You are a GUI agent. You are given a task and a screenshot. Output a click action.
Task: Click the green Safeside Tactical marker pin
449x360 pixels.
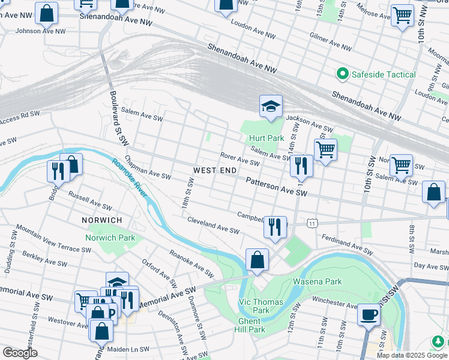click(343, 74)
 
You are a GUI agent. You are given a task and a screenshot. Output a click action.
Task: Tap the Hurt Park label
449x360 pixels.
click(267, 138)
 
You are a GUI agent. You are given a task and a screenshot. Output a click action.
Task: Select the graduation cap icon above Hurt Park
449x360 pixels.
click(270, 107)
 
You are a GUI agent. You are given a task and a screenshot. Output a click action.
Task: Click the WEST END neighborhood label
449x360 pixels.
click(215, 171)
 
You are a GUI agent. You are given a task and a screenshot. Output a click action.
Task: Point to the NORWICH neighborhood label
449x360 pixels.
click(101, 220)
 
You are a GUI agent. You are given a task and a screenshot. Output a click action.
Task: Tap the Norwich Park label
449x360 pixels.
click(110, 238)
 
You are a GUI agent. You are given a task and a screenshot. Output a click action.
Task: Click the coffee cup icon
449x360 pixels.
click(369, 314)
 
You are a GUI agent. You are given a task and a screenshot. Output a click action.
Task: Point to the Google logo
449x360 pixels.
click(20, 353)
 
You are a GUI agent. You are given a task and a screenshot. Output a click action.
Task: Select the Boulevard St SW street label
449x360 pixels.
click(118, 118)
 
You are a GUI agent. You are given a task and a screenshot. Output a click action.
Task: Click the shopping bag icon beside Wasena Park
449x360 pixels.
click(256, 260)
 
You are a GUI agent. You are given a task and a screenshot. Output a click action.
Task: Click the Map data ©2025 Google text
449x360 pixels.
click(411, 355)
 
